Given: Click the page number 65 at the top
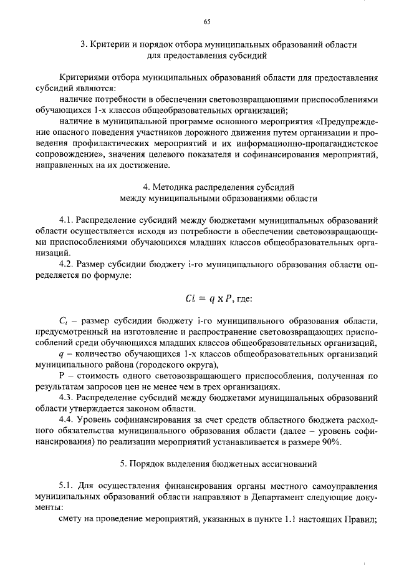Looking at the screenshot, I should tap(207, 22).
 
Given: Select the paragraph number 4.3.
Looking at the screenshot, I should tap(67, 398).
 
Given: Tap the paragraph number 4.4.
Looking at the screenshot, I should tap(67, 420).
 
